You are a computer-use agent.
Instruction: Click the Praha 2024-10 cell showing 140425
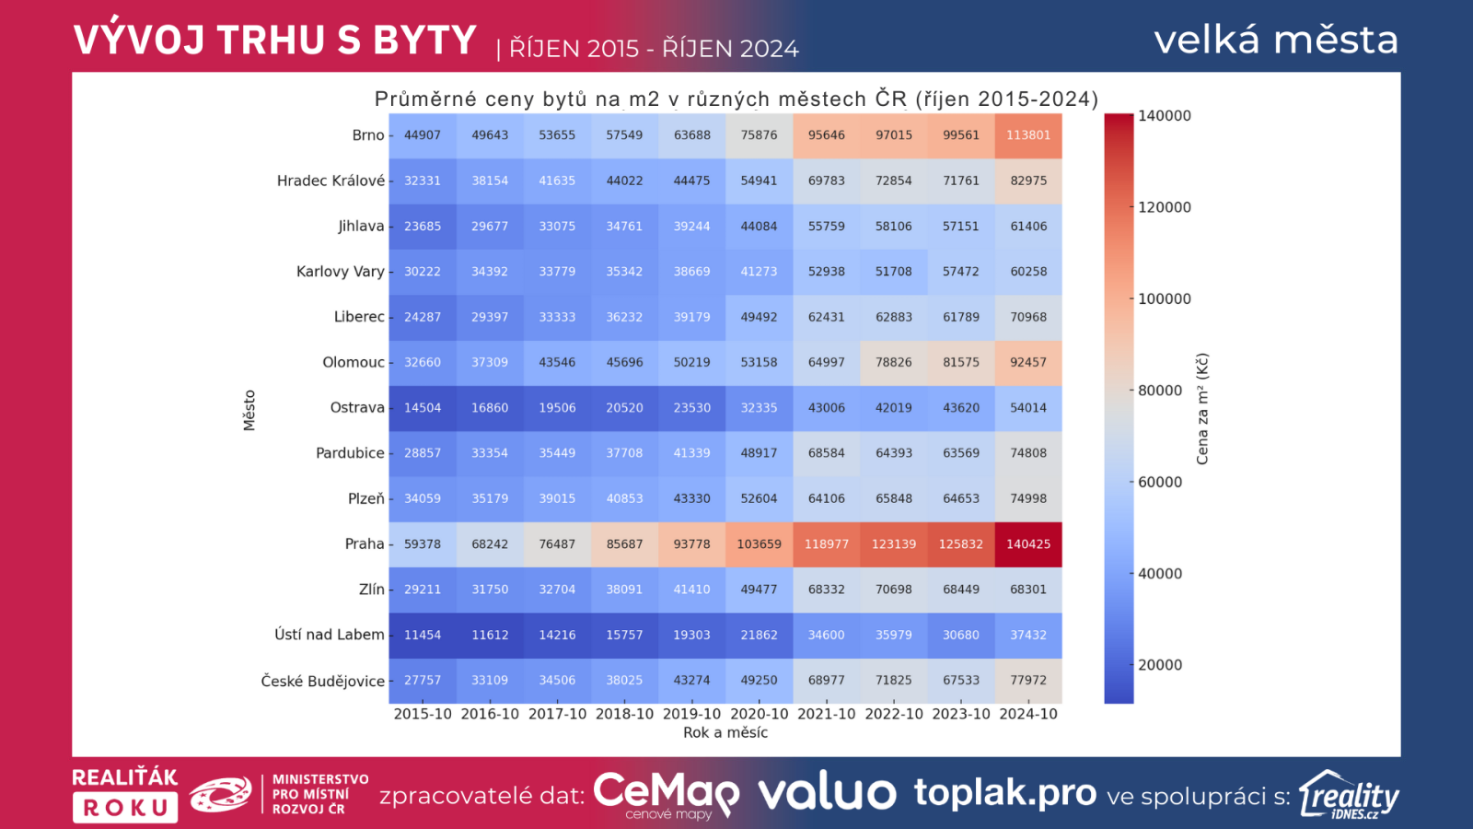pyautogui.click(x=1028, y=544)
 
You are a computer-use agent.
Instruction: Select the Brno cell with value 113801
pyautogui.click(x=1028, y=135)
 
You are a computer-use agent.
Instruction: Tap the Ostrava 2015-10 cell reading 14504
pyautogui.click(x=423, y=408)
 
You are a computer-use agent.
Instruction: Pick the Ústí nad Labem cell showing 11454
pyautogui.click(x=423, y=635)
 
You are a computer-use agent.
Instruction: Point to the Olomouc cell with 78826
pyautogui.click(x=894, y=362)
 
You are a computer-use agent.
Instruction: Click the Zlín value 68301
pyautogui.click(x=1028, y=590)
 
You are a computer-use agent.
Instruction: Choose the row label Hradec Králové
pyautogui.click(x=331, y=181)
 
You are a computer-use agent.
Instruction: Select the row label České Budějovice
pyautogui.click(x=322, y=681)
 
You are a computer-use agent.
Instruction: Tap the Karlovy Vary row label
pyautogui.click(x=340, y=272)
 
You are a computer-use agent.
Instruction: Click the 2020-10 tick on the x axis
pyautogui.click(x=760, y=714)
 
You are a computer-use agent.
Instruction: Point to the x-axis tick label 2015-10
pyautogui.click(x=423, y=714)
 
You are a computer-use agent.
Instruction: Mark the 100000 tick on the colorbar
pyautogui.click(x=1165, y=298)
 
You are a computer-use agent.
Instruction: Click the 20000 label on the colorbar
pyautogui.click(x=1160, y=665)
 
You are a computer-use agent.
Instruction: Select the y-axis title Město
pyautogui.click(x=249, y=410)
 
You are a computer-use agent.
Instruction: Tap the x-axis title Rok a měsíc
pyautogui.click(x=725, y=733)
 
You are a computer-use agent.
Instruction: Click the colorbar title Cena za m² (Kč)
pyautogui.click(x=1202, y=409)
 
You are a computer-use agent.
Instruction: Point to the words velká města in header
pyautogui.click(x=1276, y=40)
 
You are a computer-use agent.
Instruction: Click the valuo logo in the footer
pyautogui.click(x=827, y=793)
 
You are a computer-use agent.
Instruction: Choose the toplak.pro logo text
pyautogui.click(x=1005, y=793)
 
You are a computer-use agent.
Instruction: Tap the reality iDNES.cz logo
pyautogui.click(x=1349, y=796)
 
